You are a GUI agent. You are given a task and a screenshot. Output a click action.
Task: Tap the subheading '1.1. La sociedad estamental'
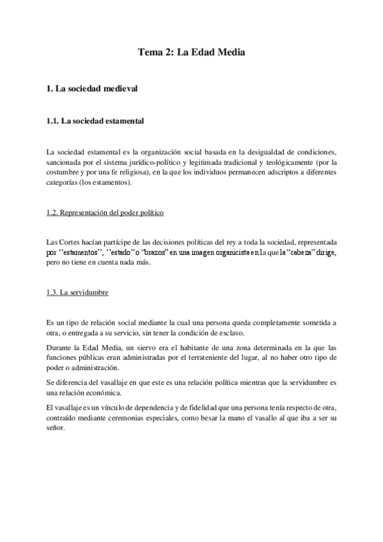(x=95, y=120)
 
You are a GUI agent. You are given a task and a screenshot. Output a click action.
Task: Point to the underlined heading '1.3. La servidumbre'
(x=77, y=293)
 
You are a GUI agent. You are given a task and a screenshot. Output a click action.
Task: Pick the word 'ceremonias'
(x=162, y=417)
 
